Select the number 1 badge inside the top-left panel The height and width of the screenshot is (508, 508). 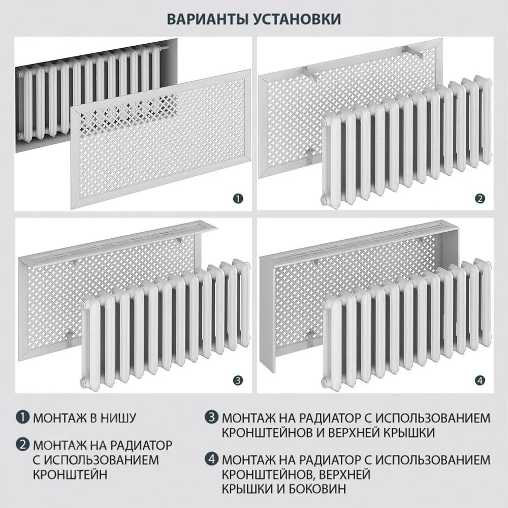coord(238,198)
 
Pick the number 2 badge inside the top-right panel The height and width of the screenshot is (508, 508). coord(480,198)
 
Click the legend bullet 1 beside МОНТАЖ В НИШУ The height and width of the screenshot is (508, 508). coord(23,417)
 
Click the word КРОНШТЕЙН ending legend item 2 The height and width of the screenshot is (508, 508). coord(70,474)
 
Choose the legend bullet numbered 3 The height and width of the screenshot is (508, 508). coord(211,417)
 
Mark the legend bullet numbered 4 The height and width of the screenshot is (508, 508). coord(211,459)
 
